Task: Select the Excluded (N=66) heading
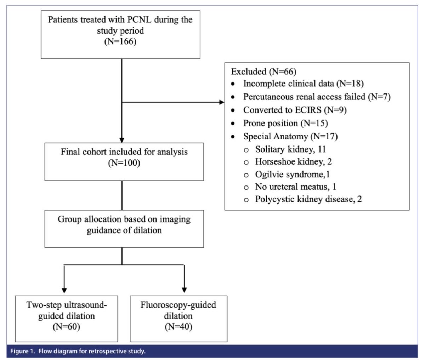(x=263, y=72)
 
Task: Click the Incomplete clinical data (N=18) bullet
(x=303, y=84)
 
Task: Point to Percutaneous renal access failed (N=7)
(x=317, y=97)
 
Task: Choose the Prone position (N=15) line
(x=285, y=123)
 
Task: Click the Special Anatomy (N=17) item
(x=290, y=136)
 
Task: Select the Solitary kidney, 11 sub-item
(x=290, y=149)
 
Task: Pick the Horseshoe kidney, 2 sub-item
(x=293, y=162)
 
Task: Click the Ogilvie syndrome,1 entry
(x=293, y=174)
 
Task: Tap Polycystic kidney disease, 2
(x=308, y=199)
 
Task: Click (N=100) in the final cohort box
(x=124, y=164)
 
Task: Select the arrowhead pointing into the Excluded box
(x=222, y=103)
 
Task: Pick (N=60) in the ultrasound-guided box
(x=66, y=327)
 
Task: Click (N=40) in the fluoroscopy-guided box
(x=178, y=327)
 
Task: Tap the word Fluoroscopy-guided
(x=178, y=305)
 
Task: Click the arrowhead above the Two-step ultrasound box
(x=64, y=290)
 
